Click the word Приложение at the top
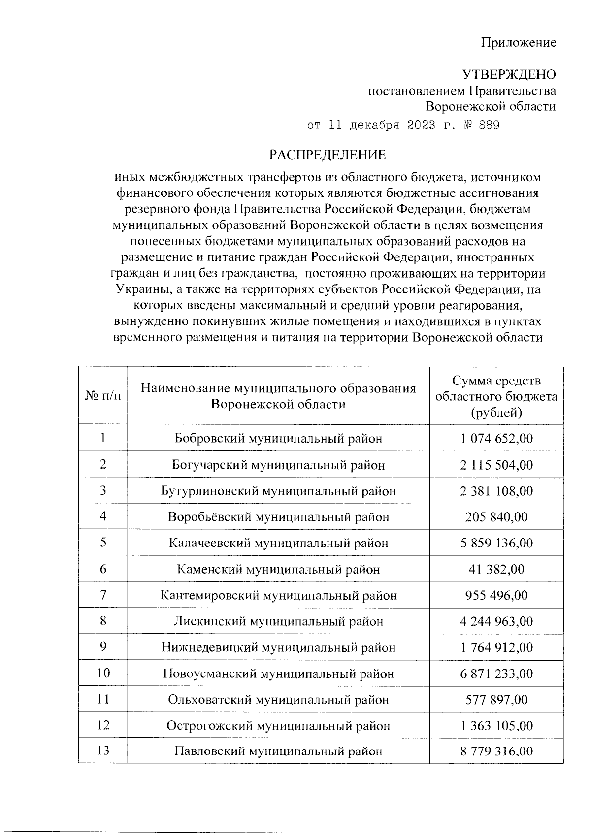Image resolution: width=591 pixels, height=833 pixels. click(x=518, y=42)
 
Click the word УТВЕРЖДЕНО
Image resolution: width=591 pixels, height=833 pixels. click(x=509, y=74)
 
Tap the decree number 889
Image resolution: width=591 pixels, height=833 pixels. click(x=489, y=125)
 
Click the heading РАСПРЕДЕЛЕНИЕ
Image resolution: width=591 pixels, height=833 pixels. click(x=328, y=155)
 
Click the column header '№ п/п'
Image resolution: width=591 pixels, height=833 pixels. click(x=103, y=395)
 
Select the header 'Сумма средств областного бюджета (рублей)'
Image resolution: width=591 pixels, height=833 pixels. click(x=496, y=396)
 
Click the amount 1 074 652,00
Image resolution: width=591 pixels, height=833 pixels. click(x=496, y=438)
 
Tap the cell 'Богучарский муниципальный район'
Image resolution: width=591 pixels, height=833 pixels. click(x=278, y=465)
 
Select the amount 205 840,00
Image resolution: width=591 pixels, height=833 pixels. click(x=496, y=517)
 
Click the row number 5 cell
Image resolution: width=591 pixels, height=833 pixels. click(x=103, y=543)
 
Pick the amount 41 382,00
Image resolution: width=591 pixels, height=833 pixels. click(x=496, y=569)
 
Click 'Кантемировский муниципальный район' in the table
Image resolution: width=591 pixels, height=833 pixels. click(x=278, y=595)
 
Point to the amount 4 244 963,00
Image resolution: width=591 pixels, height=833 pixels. click(x=496, y=621)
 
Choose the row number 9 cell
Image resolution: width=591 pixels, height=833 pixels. click(x=103, y=647)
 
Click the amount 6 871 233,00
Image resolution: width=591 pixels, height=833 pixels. click(x=496, y=673)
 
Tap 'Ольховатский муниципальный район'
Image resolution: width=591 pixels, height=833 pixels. click(x=278, y=700)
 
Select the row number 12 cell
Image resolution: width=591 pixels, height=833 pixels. click(x=103, y=725)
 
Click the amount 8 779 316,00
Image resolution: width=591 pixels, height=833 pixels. click(x=496, y=751)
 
